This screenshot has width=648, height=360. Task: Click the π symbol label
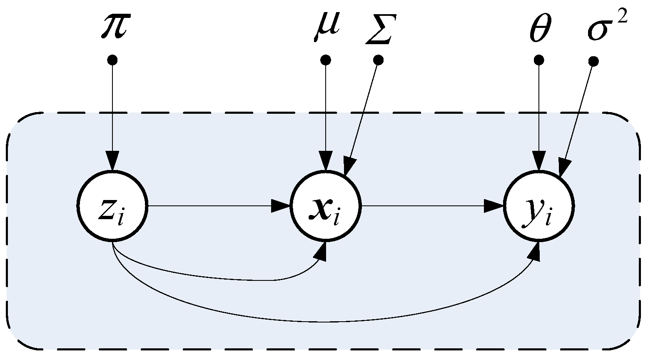pos(113,26)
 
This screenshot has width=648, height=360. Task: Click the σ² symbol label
pos(606,26)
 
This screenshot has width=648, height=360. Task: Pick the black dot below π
pos(112,60)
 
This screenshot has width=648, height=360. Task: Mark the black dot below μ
pos(326,60)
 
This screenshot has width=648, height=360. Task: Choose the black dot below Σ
pos(378,60)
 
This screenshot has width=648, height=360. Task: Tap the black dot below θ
pos(539,60)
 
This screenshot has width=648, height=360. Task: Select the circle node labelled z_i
pos(112,206)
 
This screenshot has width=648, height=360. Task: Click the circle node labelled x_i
pos(326,206)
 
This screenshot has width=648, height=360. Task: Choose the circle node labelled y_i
pos(539,206)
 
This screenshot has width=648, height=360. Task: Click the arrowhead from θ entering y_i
pos(539,162)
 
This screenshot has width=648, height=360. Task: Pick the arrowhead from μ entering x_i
pos(326,162)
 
